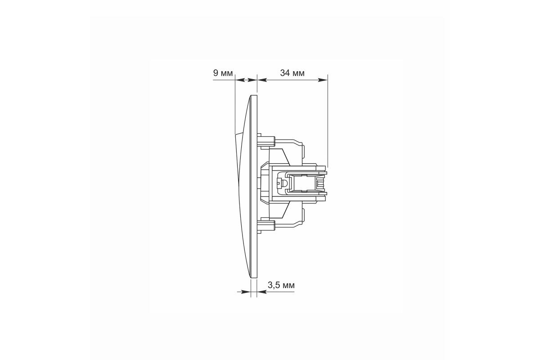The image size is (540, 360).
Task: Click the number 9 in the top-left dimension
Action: click(x=216, y=72)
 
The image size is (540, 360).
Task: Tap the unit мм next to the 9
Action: click(x=227, y=73)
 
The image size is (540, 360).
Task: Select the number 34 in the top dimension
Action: click(x=285, y=73)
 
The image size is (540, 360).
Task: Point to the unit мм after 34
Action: click(x=298, y=73)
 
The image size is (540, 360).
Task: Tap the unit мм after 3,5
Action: click(x=288, y=286)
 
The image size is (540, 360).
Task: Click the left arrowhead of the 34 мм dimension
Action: click(x=262, y=80)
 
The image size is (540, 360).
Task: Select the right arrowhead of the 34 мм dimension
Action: click(x=323, y=80)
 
